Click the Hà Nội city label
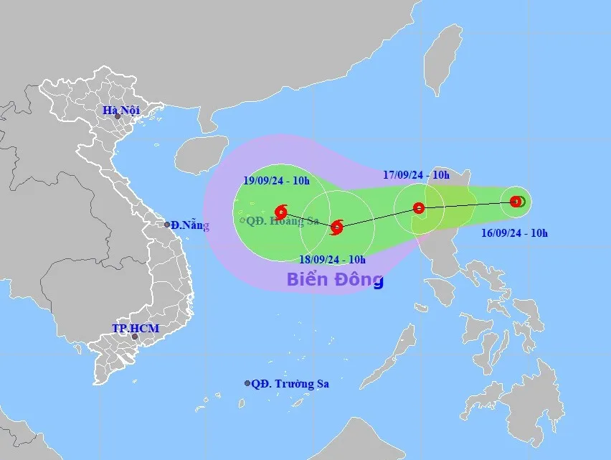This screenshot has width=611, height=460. pos(120,111)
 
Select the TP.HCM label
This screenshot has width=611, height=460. pos(135,328)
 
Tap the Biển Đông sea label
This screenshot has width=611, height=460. pos(335,280)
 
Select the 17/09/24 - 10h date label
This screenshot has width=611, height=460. pos(415,175)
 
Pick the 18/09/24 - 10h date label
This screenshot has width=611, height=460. pos(332,259)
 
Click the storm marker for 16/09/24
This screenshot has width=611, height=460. pos(516,202)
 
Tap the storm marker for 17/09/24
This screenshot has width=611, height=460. pos(420,209)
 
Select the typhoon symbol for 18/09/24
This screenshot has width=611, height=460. pos(337,227)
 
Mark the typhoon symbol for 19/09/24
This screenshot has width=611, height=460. pos(281,212)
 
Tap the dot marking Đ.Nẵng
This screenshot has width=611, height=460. pos(168,225)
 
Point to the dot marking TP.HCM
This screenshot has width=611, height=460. pos(134,337)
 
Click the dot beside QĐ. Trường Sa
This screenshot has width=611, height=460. pos(247,384)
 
